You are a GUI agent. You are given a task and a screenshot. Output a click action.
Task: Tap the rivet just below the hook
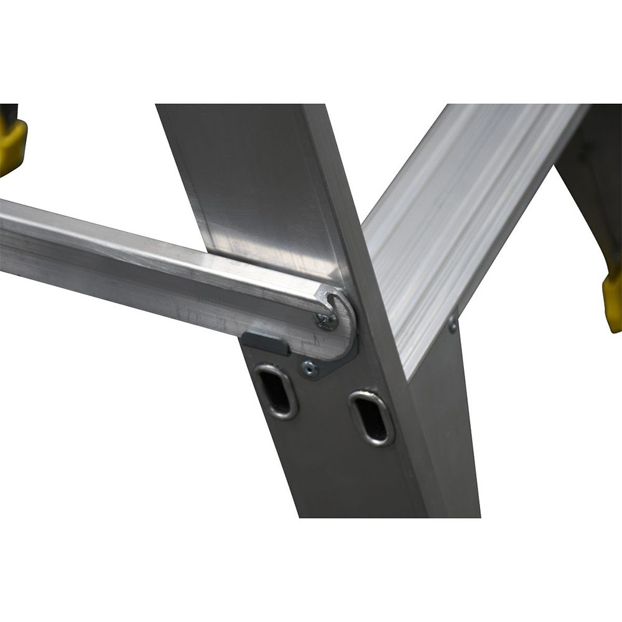pyautogui.click(x=309, y=369)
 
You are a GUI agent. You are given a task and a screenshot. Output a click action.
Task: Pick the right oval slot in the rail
pyautogui.click(x=371, y=417)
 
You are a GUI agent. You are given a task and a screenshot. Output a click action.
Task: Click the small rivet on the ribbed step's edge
pyautogui.click(x=453, y=324)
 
